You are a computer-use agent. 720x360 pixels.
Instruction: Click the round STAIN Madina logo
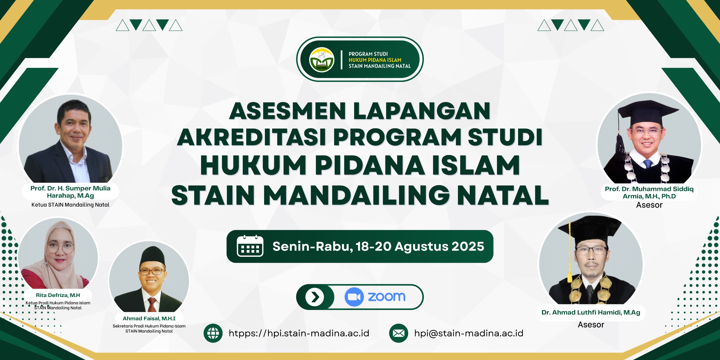(x=322, y=60)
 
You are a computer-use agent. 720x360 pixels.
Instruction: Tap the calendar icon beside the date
(x=250, y=246)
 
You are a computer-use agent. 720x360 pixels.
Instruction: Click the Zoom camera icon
(x=354, y=297)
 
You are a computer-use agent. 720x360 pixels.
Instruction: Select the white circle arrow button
(x=315, y=297)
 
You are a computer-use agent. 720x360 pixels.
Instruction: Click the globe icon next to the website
(x=213, y=333)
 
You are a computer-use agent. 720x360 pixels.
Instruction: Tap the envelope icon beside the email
(x=399, y=333)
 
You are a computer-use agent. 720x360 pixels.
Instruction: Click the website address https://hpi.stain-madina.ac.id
(x=299, y=333)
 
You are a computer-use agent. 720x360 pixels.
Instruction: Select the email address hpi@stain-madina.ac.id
(x=469, y=333)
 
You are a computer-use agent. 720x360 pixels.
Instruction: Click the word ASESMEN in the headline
(x=288, y=111)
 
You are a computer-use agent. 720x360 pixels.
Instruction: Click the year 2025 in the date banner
(x=468, y=246)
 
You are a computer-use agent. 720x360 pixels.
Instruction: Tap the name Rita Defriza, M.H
(x=58, y=295)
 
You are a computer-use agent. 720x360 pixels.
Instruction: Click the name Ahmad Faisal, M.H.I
(x=149, y=318)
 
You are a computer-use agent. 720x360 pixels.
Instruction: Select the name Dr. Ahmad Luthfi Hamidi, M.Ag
(x=591, y=312)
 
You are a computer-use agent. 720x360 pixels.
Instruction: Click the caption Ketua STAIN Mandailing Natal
(x=70, y=205)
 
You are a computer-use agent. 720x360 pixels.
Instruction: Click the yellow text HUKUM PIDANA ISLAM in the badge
(x=375, y=60)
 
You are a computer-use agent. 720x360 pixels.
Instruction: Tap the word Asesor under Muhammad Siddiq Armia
(x=649, y=205)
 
